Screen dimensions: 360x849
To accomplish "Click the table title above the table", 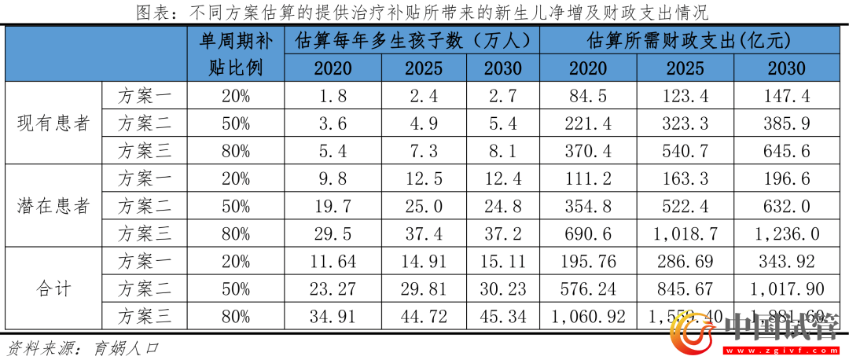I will (x=422, y=13).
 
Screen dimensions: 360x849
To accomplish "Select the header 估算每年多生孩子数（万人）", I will (x=412, y=40).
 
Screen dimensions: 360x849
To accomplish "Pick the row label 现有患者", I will (x=53, y=123).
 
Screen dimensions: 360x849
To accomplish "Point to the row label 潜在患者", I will (x=53, y=206).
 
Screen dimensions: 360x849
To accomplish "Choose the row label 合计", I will (x=53, y=288).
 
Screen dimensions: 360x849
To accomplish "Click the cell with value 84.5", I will (x=588, y=96).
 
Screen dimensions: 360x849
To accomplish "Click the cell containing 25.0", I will (x=424, y=206).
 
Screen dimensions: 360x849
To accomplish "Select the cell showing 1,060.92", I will (x=588, y=316).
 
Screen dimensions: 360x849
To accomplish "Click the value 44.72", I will (x=424, y=316).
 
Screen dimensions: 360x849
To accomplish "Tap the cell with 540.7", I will (x=685, y=150).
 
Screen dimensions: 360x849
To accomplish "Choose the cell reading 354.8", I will (x=588, y=206).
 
